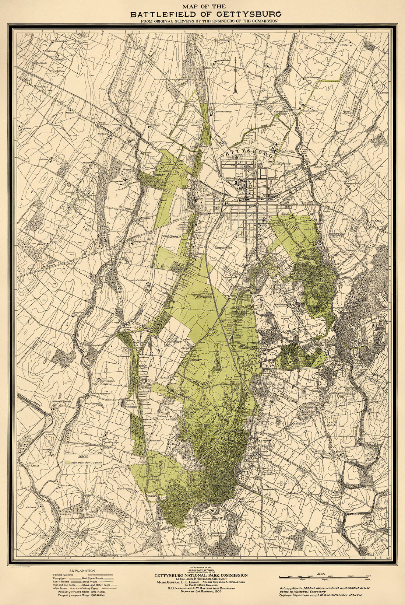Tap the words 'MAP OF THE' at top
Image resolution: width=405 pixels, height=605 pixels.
[202, 6]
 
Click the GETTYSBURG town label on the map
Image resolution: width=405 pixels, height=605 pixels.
[247, 154]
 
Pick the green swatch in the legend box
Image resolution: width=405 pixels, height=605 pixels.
[68, 462]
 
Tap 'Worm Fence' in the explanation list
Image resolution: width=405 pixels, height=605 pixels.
[92, 588]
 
